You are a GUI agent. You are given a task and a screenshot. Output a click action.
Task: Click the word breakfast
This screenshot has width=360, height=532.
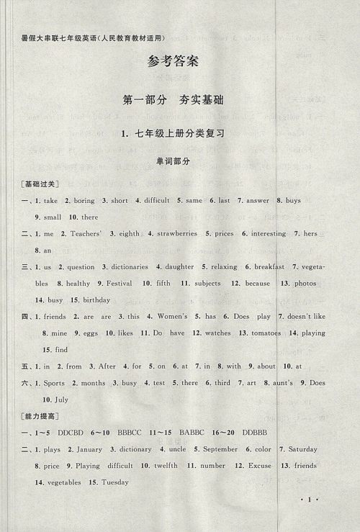pyautogui.click(x=269, y=266)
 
